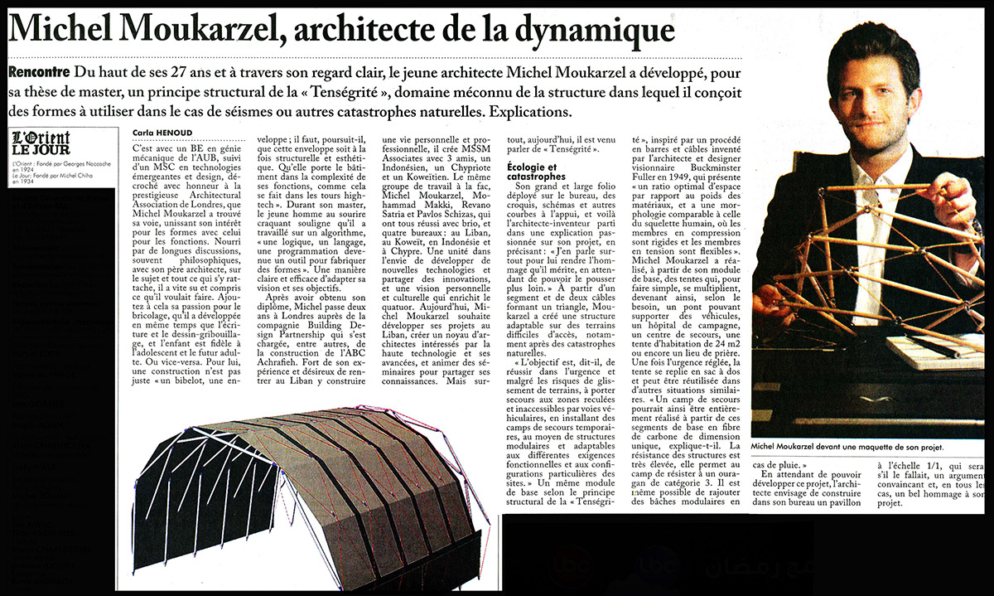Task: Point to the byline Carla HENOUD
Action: point(161,132)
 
